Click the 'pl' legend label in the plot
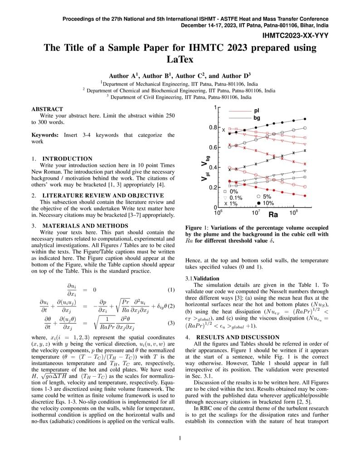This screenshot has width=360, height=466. coord(257,111)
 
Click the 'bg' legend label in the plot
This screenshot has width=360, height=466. coord(257,118)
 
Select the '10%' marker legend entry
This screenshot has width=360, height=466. coord(268,203)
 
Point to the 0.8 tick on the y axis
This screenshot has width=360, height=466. coord(213,127)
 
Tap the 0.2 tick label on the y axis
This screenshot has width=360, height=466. coord(213,188)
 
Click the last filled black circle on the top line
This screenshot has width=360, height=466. coord(305,119)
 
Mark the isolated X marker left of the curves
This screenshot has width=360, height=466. coord(224,130)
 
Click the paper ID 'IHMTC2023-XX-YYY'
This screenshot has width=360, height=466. coord(295,35)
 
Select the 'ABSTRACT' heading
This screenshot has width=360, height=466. coord(47,109)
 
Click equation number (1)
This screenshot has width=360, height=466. coord(171,290)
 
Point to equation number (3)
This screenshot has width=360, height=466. coord(171,323)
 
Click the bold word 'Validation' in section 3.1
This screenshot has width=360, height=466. coord(206,278)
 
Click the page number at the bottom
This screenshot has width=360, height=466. coord(180,438)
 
